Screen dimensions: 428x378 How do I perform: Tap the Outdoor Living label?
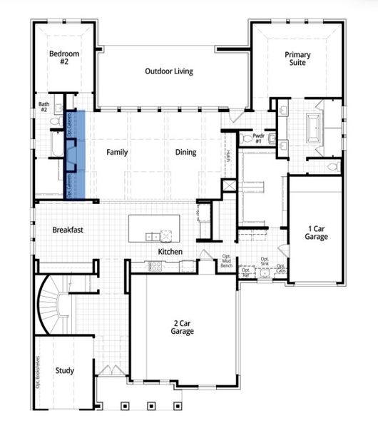[169, 71]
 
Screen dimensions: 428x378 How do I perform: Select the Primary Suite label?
[297, 58]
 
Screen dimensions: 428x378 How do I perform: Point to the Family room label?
[117, 152]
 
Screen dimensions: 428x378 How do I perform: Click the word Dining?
[185, 152]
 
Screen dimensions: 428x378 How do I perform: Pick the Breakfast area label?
[68, 230]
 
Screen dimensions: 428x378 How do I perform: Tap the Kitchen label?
[170, 252]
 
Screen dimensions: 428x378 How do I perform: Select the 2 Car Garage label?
[182, 327]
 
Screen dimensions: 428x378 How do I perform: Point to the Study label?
[64, 370]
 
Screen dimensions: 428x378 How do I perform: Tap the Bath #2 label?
[44, 107]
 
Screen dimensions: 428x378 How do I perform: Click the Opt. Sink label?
[264, 261]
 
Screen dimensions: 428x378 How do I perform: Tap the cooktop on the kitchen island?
[168, 236]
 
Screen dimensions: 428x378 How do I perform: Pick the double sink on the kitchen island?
[151, 236]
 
